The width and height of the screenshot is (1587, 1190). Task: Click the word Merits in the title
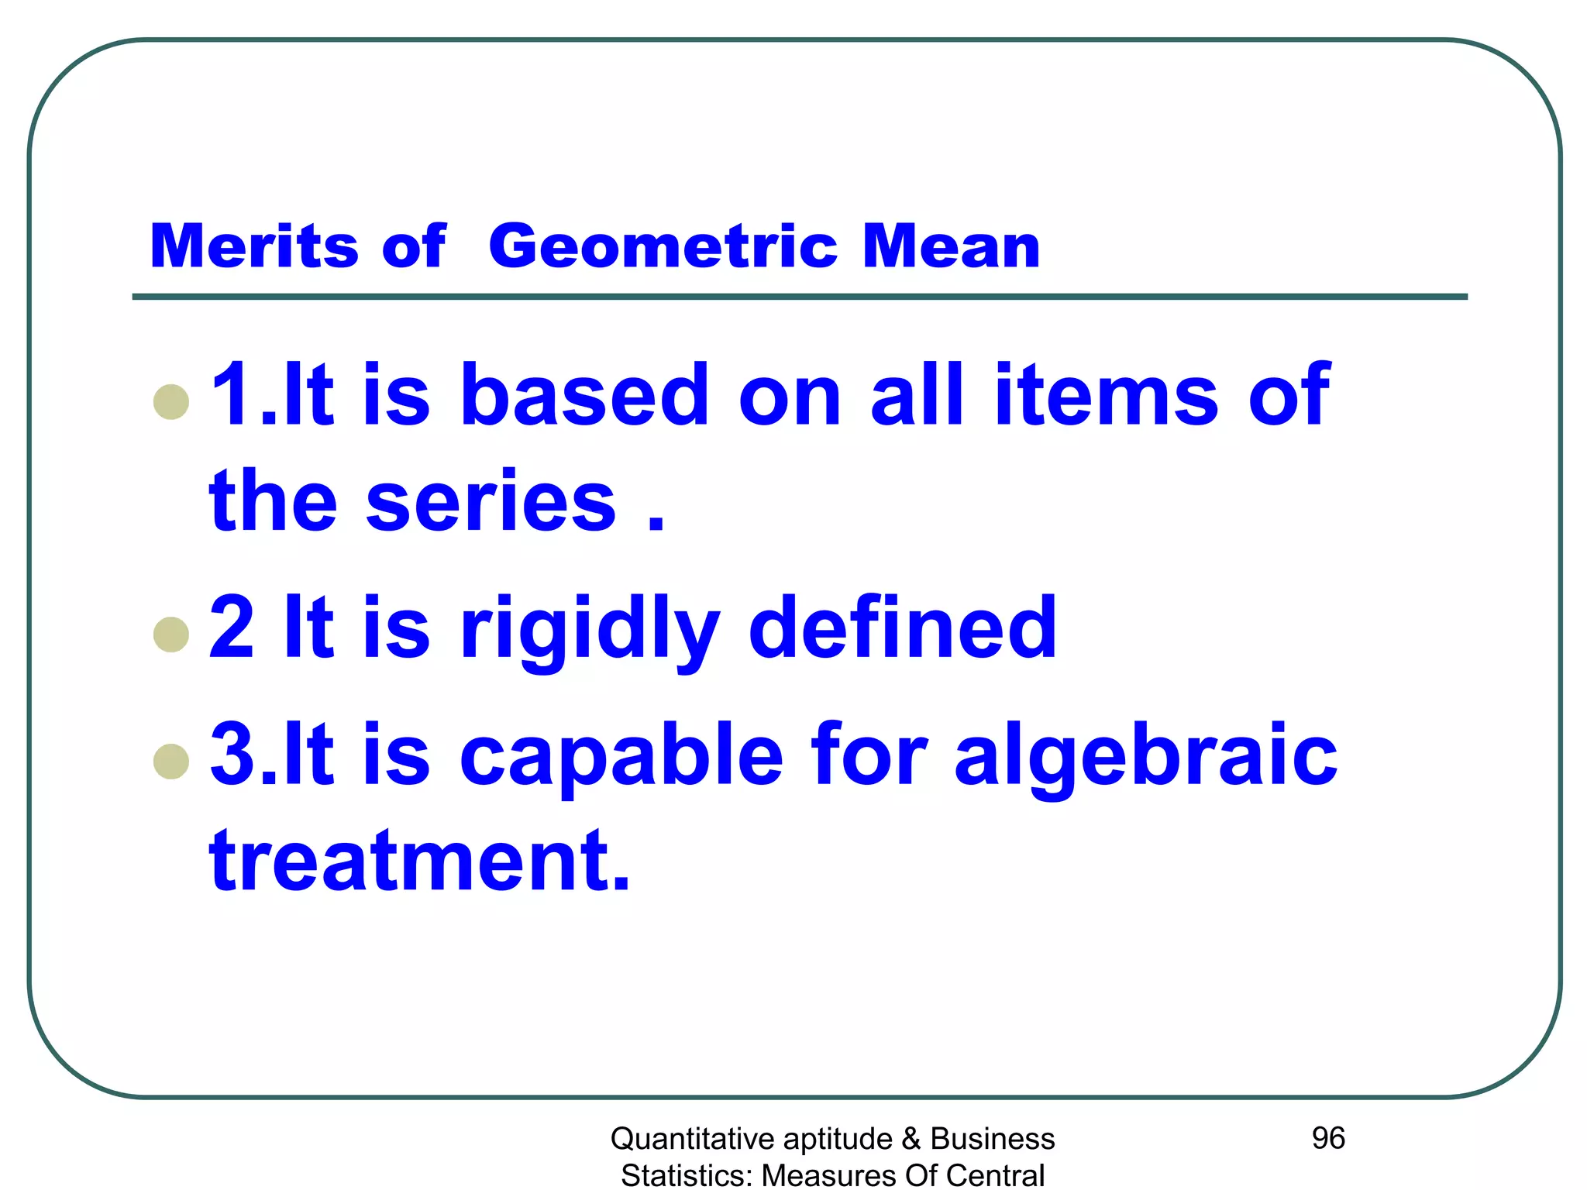point(253,246)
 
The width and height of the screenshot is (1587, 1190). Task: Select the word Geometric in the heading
point(663,248)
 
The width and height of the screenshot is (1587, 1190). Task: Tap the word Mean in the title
point(951,246)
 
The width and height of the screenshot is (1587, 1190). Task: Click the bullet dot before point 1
point(171,402)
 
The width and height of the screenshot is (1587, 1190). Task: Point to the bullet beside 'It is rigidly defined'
point(171,635)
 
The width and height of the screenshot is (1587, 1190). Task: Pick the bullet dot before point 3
point(171,761)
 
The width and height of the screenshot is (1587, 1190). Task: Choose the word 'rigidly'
point(590,629)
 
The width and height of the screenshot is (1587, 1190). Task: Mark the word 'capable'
point(621,755)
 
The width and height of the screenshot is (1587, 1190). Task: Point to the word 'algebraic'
point(1145,755)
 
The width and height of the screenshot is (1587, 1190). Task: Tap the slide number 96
point(1328,1138)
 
